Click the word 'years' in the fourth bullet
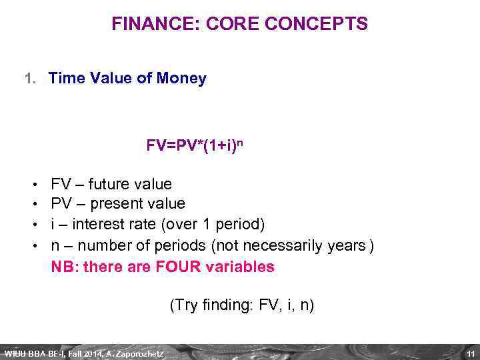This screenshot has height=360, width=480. click(x=347, y=246)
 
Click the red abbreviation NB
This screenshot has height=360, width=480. click(x=63, y=267)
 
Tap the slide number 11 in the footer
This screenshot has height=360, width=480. click(x=470, y=353)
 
